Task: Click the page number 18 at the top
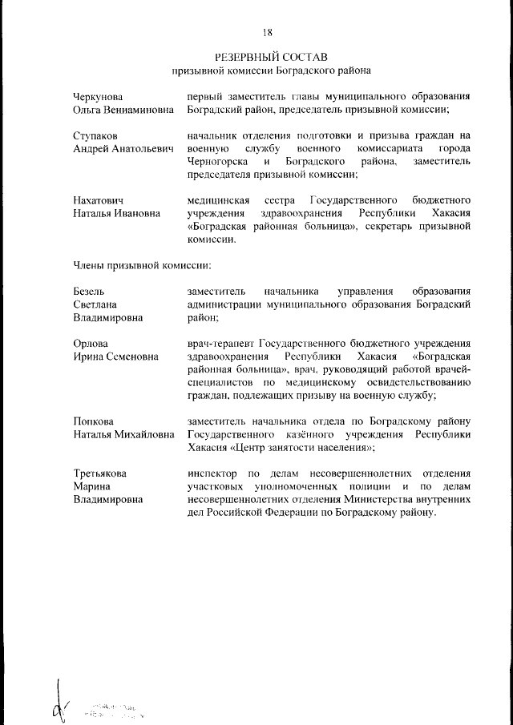267,32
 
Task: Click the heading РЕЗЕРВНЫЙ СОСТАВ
266,58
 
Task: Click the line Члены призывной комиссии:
142,264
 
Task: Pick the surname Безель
88,291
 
